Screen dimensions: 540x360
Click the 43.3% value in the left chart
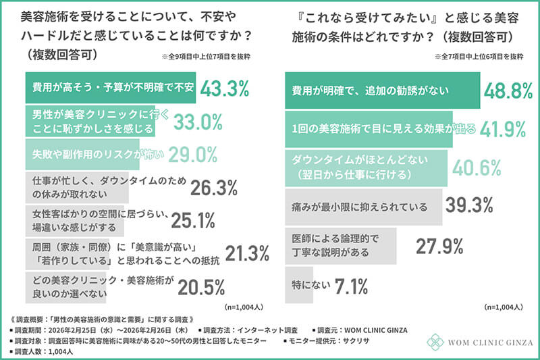(225, 88)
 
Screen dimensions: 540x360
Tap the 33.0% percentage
(198, 122)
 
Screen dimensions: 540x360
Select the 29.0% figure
(193, 155)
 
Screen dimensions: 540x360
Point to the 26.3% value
(214, 188)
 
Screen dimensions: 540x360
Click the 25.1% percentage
(193, 220)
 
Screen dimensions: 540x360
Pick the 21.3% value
(247, 253)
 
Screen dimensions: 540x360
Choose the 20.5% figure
(201, 287)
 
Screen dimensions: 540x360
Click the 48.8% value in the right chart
(508, 91)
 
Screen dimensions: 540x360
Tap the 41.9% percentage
(503, 129)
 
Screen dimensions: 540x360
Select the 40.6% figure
(477, 168)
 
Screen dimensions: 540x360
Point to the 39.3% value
(469, 205)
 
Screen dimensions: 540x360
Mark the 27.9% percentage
(439, 247)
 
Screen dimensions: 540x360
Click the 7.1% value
(351, 286)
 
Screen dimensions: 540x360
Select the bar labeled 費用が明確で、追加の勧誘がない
(383, 91)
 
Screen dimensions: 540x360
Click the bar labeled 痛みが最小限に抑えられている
(364, 207)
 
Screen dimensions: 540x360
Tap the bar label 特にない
(311, 285)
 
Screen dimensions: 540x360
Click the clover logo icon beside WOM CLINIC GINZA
(435, 342)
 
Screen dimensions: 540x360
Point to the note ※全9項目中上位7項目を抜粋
(206, 57)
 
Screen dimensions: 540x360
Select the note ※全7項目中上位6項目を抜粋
(479, 57)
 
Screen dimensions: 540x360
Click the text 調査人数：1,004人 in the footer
(42, 352)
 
